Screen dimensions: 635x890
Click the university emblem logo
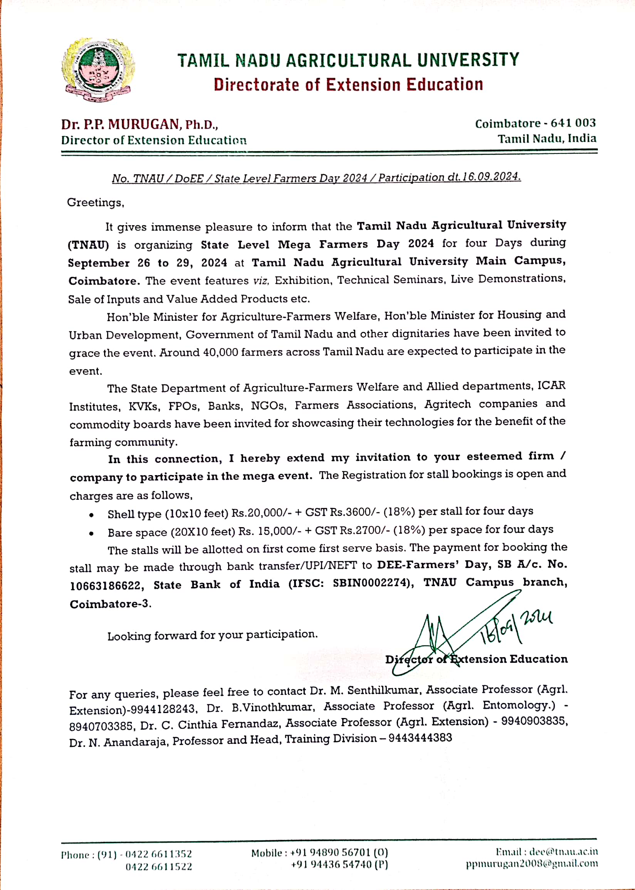pyautogui.click(x=98, y=70)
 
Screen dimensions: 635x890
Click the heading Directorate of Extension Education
pyautogui.click(x=348, y=85)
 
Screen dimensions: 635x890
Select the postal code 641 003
pyautogui.click(x=573, y=123)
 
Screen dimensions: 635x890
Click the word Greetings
pyautogui.click(x=96, y=203)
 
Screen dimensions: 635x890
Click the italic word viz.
pyautogui.click(x=261, y=280)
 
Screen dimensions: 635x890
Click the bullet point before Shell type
pyautogui.click(x=91, y=515)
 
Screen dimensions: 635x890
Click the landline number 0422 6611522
pyautogui.click(x=159, y=866)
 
